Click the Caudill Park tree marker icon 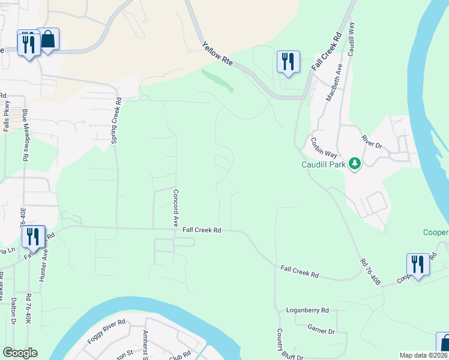point(355,164)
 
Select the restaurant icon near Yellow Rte point(288,61)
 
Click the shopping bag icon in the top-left point(48,40)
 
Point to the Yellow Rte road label point(217,55)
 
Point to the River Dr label point(372,142)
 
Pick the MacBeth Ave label point(333,84)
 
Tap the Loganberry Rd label point(307,310)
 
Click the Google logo point(20,353)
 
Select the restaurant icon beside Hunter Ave point(32,236)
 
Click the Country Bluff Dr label point(280,344)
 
